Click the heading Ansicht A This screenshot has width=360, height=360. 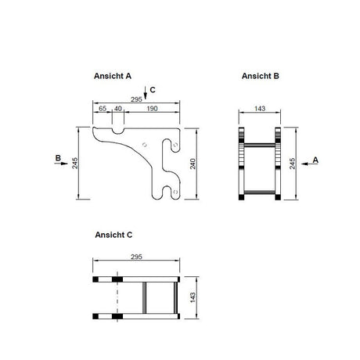113,76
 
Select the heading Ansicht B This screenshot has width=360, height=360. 260,76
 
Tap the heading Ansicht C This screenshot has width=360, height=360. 113,235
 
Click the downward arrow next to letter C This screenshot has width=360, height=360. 146,92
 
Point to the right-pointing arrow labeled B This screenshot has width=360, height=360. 61,164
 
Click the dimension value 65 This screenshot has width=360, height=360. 103,108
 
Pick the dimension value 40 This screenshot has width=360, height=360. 118,108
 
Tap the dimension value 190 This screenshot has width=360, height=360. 152,108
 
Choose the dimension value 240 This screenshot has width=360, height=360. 193,164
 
